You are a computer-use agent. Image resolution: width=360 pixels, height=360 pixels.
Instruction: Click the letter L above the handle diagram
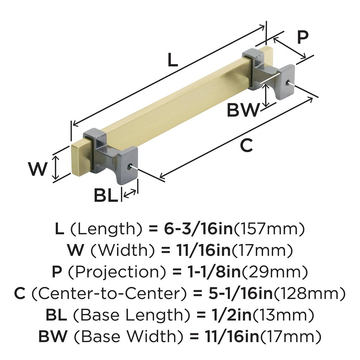pos(172,60)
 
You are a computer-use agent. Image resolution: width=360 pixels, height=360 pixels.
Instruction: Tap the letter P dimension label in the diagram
pos(302,37)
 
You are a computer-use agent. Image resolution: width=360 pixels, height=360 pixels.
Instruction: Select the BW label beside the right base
pos(243,110)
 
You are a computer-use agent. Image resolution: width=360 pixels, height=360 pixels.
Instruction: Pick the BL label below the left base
pos(105,195)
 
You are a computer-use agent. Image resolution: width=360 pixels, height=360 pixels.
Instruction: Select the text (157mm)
pos(269,229)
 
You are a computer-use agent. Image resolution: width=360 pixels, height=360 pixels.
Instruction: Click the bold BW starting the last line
pos(52,336)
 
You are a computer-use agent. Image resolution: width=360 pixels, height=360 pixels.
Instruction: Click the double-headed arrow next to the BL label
pos(130,193)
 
